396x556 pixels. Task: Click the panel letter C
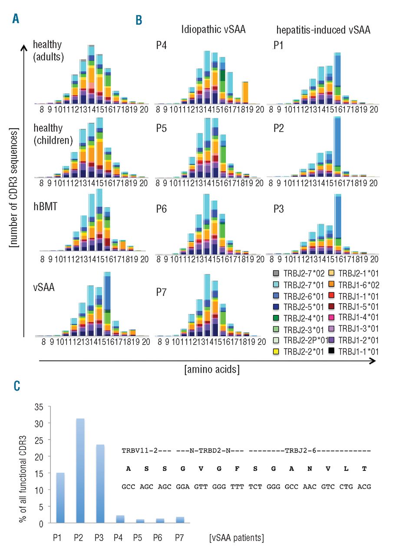(x=16, y=385)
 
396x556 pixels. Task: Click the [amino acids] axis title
(x=212, y=370)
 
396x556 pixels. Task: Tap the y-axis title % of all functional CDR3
(x=22, y=464)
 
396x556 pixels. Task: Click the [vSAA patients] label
(x=236, y=538)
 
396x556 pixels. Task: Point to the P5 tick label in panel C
(x=139, y=538)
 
